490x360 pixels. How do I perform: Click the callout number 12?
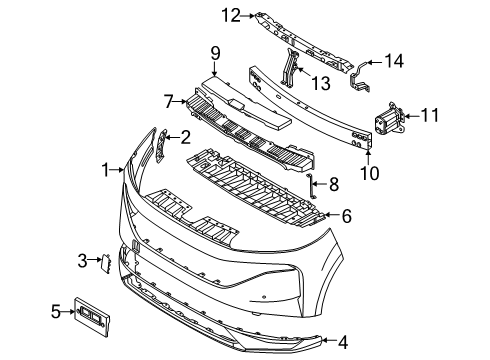(x=231, y=15)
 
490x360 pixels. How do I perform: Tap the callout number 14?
(x=394, y=61)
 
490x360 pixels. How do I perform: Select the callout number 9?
(x=216, y=53)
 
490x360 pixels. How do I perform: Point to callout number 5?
(x=56, y=312)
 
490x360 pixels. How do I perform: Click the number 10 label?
(x=369, y=173)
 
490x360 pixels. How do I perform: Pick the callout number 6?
(x=347, y=216)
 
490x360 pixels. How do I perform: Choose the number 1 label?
(x=106, y=170)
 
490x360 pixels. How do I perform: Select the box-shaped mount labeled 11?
(x=388, y=118)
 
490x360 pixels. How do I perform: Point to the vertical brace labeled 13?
(x=290, y=68)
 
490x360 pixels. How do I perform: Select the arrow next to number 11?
(x=412, y=116)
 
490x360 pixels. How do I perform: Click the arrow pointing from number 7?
(x=181, y=101)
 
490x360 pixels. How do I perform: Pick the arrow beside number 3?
(x=95, y=259)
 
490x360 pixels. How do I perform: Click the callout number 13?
(x=320, y=83)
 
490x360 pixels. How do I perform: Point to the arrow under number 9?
(x=214, y=69)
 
